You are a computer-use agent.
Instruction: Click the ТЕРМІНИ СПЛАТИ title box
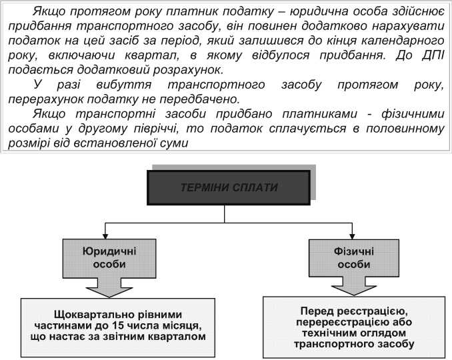(229, 187)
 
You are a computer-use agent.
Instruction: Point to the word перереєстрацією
(330, 323)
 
